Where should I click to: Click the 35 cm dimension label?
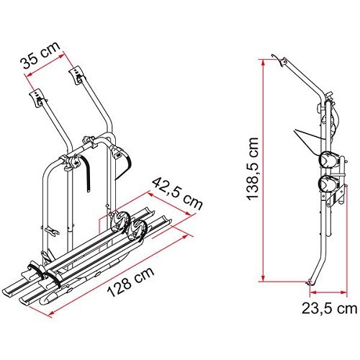click(x=40, y=55)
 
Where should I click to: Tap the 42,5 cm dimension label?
click(x=178, y=194)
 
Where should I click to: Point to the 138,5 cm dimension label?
click(x=253, y=168)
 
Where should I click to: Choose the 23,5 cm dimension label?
click(x=329, y=308)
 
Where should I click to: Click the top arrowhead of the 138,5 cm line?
click(x=264, y=63)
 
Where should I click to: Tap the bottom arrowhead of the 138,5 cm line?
click(x=264, y=278)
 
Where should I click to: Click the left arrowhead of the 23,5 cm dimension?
click(x=313, y=292)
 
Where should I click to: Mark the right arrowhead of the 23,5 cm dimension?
click(x=343, y=292)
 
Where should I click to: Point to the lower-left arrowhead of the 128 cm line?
click(x=51, y=312)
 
